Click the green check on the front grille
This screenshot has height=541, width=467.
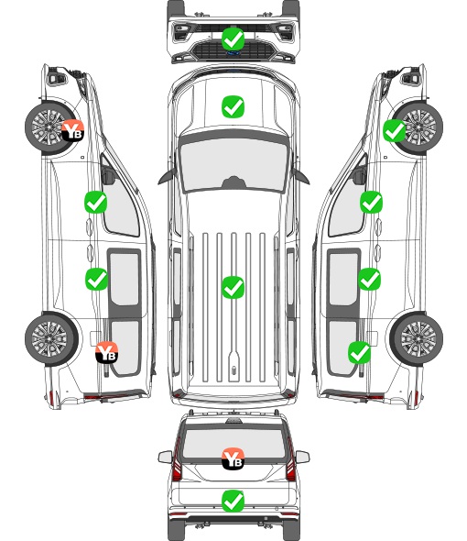pos(233,39)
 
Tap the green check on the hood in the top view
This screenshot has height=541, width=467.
pos(233,106)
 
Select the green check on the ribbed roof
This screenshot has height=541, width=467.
pos(233,287)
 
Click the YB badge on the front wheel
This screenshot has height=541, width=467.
pos(72,130)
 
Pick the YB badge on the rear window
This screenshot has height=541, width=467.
pos(233,458)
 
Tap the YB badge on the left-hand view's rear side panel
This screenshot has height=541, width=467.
pos(107,352)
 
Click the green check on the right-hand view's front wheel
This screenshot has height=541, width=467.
pos(395,131)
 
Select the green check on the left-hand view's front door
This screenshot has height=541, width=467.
pos(96,202)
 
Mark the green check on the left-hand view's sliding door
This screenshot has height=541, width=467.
pos(96,279)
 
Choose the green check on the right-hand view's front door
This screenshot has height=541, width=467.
pos(371,202)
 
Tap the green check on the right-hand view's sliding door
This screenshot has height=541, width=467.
pos(369,279)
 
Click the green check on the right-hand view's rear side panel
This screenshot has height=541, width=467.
pos(360,353)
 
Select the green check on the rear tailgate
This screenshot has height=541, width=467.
pos(233,501)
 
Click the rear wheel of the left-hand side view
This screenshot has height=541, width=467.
pos(51,339)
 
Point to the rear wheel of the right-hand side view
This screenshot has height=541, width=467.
pos(417,339)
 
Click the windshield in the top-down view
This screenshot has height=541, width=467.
pos(233,165)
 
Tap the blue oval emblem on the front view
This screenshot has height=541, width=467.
pos(233,53)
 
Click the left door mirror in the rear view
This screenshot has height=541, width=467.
pos(165,457)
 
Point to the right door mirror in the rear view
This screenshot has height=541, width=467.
pos(302,457)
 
